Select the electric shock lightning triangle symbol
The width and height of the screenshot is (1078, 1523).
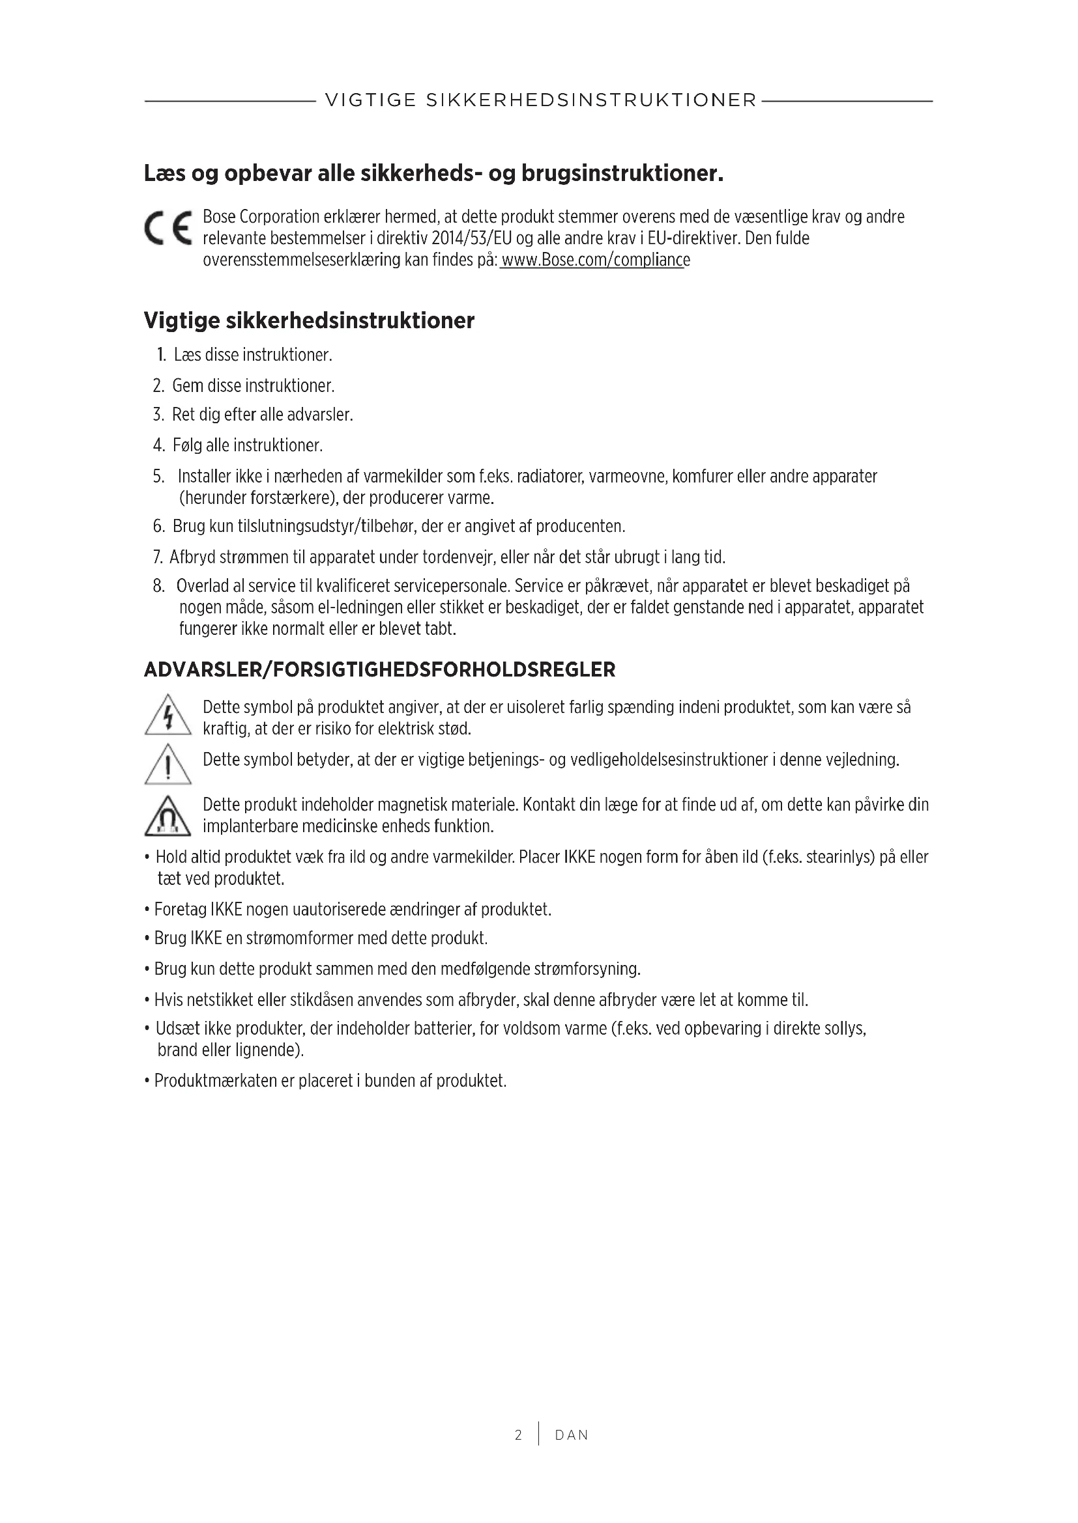[168, 716]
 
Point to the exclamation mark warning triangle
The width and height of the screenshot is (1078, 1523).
[168, 764]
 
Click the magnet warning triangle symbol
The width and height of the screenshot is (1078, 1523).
[168, 817]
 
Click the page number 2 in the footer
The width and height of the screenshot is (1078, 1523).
[518, 1435]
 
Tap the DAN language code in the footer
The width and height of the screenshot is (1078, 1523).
[572, 1436]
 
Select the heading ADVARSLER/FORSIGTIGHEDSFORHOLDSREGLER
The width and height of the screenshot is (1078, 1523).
[380, 670]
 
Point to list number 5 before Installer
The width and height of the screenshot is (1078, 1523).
[158, 476]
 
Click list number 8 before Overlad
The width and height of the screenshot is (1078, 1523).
[158, 587]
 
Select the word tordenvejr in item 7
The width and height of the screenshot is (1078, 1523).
[457, 557]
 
